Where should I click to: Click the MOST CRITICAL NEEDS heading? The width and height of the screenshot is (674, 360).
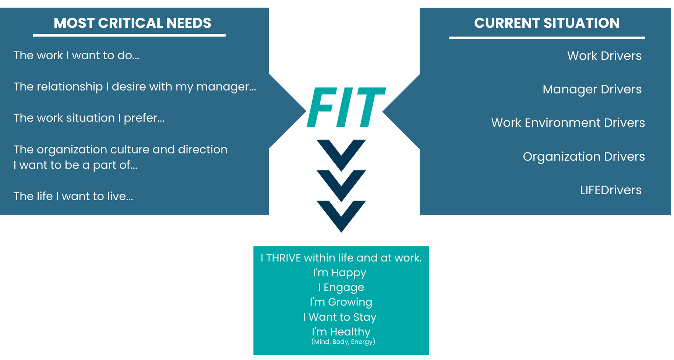[132, 23]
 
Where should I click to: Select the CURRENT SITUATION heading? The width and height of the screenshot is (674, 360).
[547, 23]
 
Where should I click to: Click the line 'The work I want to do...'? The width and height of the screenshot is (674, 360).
[76, 56]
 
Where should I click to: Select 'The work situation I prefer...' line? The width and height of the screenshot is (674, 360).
[89, 118]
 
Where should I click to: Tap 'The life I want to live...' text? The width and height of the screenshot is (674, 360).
[73, 196]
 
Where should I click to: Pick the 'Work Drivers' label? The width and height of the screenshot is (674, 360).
[604, 56]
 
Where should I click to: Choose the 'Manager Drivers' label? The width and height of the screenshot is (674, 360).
[592, 89]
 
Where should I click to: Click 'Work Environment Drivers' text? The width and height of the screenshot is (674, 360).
[568, 123]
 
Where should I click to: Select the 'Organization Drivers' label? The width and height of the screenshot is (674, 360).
[584, 157]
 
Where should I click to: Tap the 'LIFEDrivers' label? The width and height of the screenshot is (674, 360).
[611, 190]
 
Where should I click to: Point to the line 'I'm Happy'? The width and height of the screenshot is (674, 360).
[340, 273]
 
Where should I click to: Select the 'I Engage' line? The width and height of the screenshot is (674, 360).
[341, 287]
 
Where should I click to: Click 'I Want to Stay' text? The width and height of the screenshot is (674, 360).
[340, 317]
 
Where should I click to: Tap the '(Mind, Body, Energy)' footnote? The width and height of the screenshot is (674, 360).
[343, 342]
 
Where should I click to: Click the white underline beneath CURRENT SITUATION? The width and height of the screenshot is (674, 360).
[547, 38]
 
